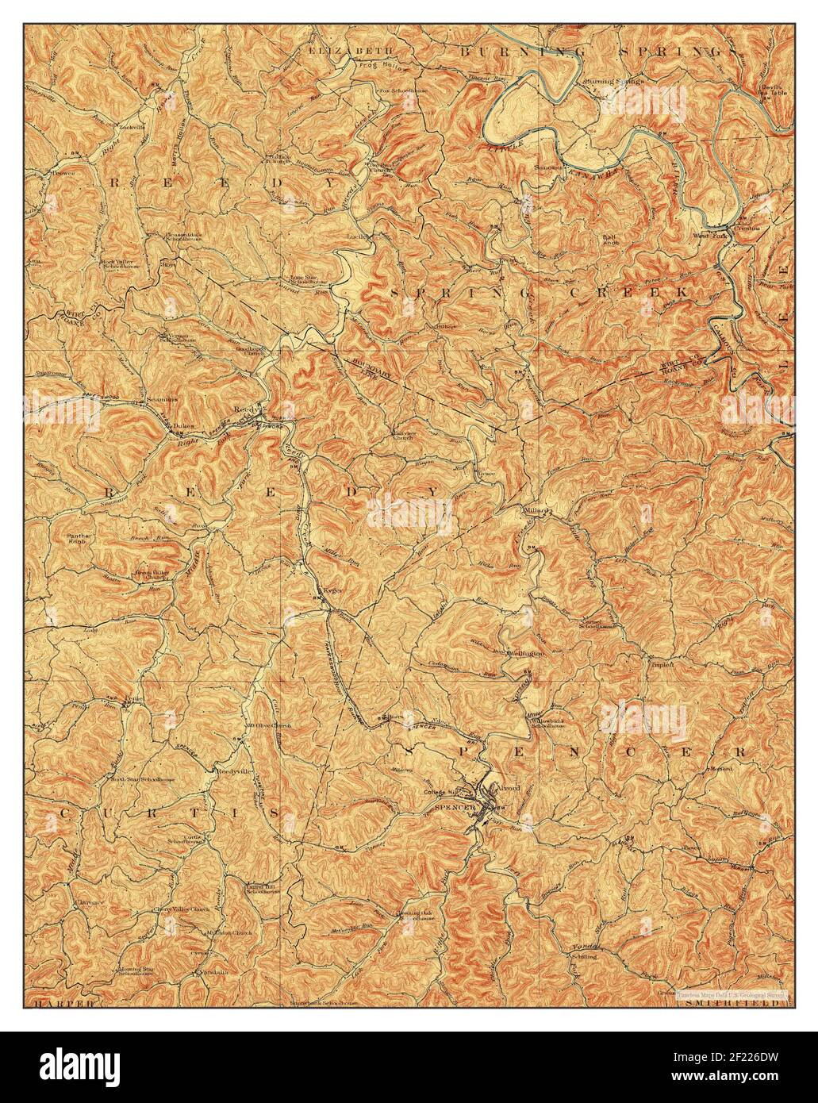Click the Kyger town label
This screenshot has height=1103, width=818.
(x=332, y=591)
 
